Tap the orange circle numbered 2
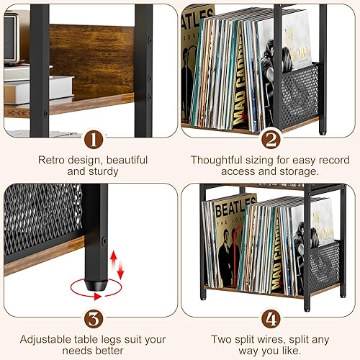click(x=270, y=138)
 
